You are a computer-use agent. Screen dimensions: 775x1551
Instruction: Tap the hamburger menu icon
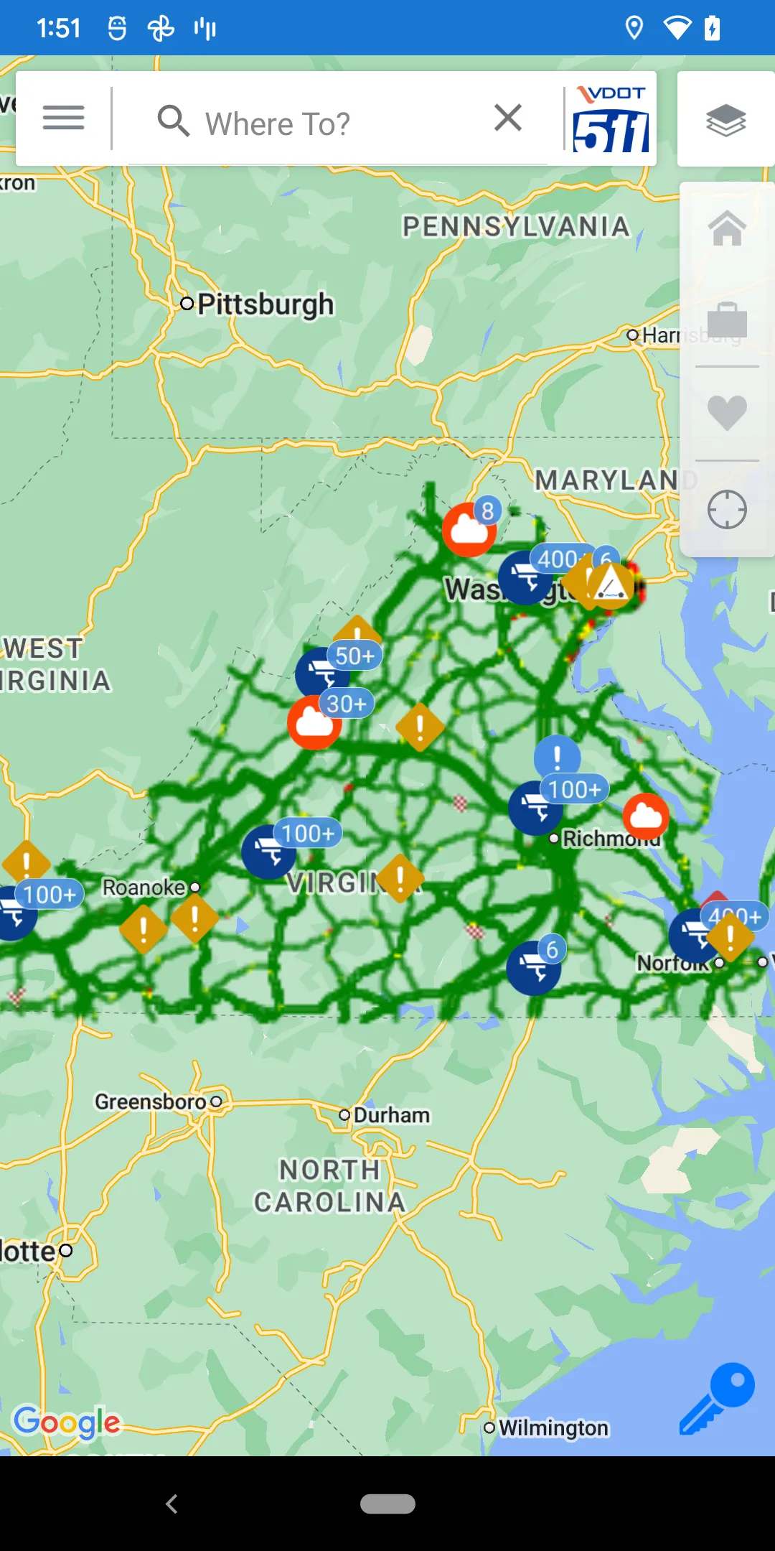(63, 118)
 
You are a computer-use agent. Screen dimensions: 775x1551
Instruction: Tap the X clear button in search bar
(507, 118)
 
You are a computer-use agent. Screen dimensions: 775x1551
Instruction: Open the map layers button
(725, 119)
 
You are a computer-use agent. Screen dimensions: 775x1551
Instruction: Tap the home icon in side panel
(727, 228)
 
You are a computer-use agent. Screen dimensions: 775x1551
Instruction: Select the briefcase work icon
(727, 320)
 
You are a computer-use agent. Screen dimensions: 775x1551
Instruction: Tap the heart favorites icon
(727, 413)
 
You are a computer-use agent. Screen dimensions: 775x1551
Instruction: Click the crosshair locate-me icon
(727, 510)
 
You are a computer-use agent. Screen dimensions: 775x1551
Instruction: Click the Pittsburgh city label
(265, 304)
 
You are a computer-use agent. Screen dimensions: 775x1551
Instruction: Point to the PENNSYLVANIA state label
(515, 227)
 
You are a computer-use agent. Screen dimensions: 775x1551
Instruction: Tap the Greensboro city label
(151, 1101)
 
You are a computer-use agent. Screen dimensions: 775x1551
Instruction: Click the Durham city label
(391, 1115)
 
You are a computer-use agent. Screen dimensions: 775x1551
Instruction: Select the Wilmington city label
(553, 1427)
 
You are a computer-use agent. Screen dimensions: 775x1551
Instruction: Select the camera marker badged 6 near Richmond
(533, 967)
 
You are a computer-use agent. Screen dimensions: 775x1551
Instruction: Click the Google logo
(67, 1422)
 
